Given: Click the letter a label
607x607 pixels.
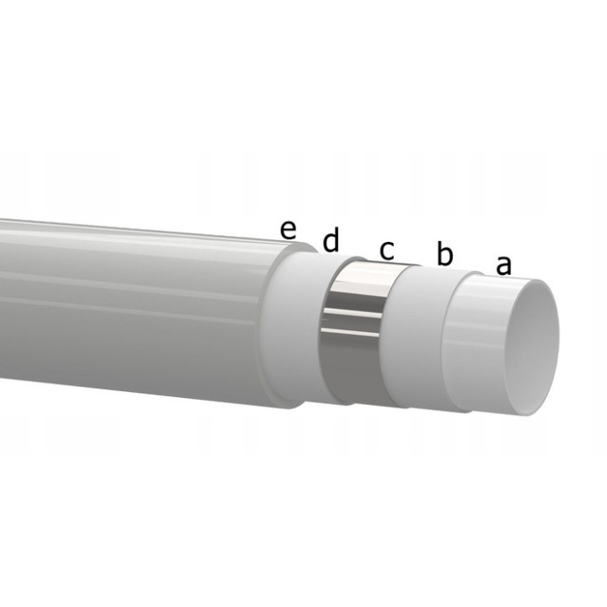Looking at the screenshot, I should click(x=503, y=264).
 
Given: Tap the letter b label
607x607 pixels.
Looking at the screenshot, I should click(x=445, y=255).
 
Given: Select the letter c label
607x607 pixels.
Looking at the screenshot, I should click(x=387, y=250).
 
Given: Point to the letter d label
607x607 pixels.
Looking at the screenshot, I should click(x=330, y=242).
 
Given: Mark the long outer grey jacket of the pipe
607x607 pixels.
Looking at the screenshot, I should click(x=130, y=303).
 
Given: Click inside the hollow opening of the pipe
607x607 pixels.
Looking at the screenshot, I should click(x=531, y=347).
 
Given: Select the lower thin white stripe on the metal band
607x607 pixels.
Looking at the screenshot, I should click(x=350, y=331).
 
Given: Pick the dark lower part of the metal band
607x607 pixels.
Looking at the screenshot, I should click(x=351, y=373).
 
